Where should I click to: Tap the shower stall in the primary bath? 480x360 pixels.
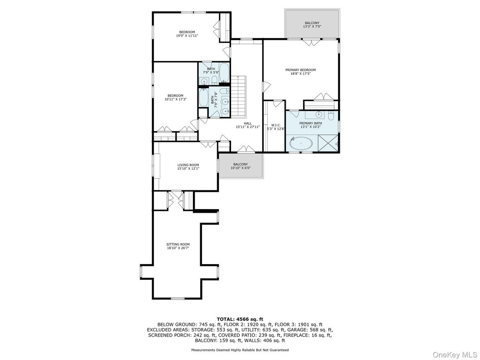(x=328, y=143)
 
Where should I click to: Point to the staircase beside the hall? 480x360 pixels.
(x=239, y=96)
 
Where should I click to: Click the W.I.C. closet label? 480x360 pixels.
(x=274, y=125)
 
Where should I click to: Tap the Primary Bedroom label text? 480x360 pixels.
(x=300, y=70)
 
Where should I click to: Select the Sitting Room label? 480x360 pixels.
(x=178, y=244)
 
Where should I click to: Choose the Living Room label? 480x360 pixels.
(x=188, y=165)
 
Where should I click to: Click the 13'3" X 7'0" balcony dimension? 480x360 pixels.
(x=312, y=26)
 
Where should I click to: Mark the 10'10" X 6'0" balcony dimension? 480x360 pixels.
(x=240, y=168)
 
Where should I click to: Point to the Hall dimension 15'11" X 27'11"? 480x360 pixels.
(x=248, y=127)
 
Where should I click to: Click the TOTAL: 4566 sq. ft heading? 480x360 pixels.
(x=240, y=319)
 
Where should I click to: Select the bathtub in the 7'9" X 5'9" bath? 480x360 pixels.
(x=224, y=73)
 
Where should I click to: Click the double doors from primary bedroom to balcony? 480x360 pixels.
(x=312, y=43)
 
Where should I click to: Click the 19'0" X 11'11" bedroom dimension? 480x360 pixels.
(x=187, y=36)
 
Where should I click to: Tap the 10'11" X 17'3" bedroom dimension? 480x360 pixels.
(x=176, y=99)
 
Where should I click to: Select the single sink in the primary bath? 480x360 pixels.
(x=319, y=115)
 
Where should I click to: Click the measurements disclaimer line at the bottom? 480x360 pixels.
(x=240, y=350)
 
